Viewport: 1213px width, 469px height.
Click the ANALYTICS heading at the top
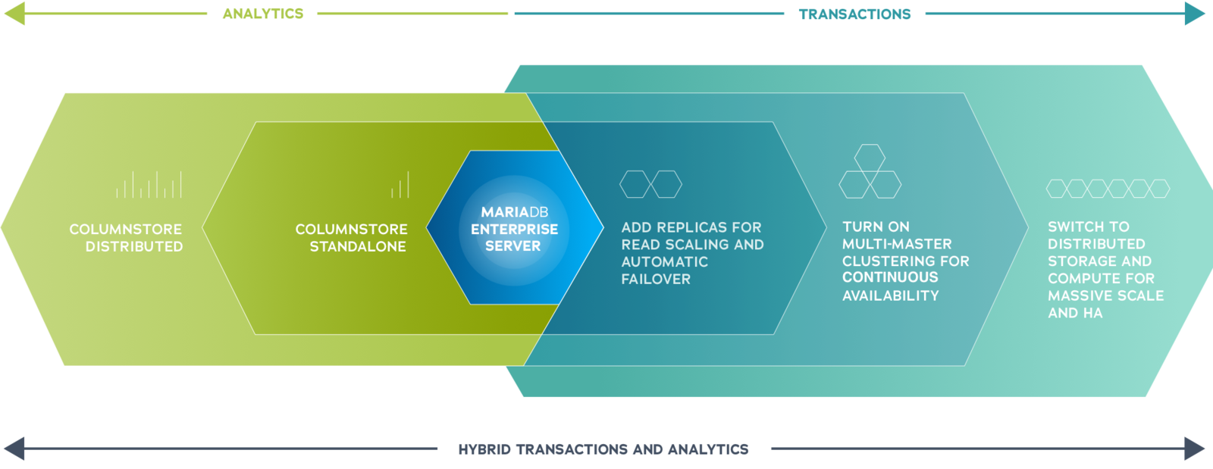pos(263,14)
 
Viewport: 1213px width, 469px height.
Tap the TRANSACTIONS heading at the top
pos(854,14)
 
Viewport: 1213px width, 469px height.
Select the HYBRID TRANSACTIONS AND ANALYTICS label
pos(603,449)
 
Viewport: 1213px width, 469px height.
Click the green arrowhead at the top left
pos(14,14)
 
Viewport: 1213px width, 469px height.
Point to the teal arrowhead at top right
pos(1195,14)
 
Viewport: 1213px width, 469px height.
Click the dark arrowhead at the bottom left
pos(14,449)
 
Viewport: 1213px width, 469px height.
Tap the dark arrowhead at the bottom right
pos(1195,449)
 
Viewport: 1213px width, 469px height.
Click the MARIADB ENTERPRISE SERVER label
pos(515,229)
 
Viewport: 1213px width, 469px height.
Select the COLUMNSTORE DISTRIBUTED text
pos(126,238)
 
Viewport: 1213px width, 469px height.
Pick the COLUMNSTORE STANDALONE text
pos(352,238)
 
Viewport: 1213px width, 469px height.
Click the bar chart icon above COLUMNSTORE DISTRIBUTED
pos(149,184)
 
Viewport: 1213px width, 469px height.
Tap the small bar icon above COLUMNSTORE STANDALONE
pos(400,184)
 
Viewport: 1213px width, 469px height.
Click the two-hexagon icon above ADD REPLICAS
pos(651,184)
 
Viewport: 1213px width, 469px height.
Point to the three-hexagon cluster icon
pos(870,171)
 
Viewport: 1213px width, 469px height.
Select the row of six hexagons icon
pos(1108,188)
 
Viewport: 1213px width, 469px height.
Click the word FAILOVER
pos(656,279)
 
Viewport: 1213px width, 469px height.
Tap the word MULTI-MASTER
pos(897,244)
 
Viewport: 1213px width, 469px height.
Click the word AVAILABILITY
pos(891,296)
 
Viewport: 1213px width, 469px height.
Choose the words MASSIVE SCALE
pos(1106,296)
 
